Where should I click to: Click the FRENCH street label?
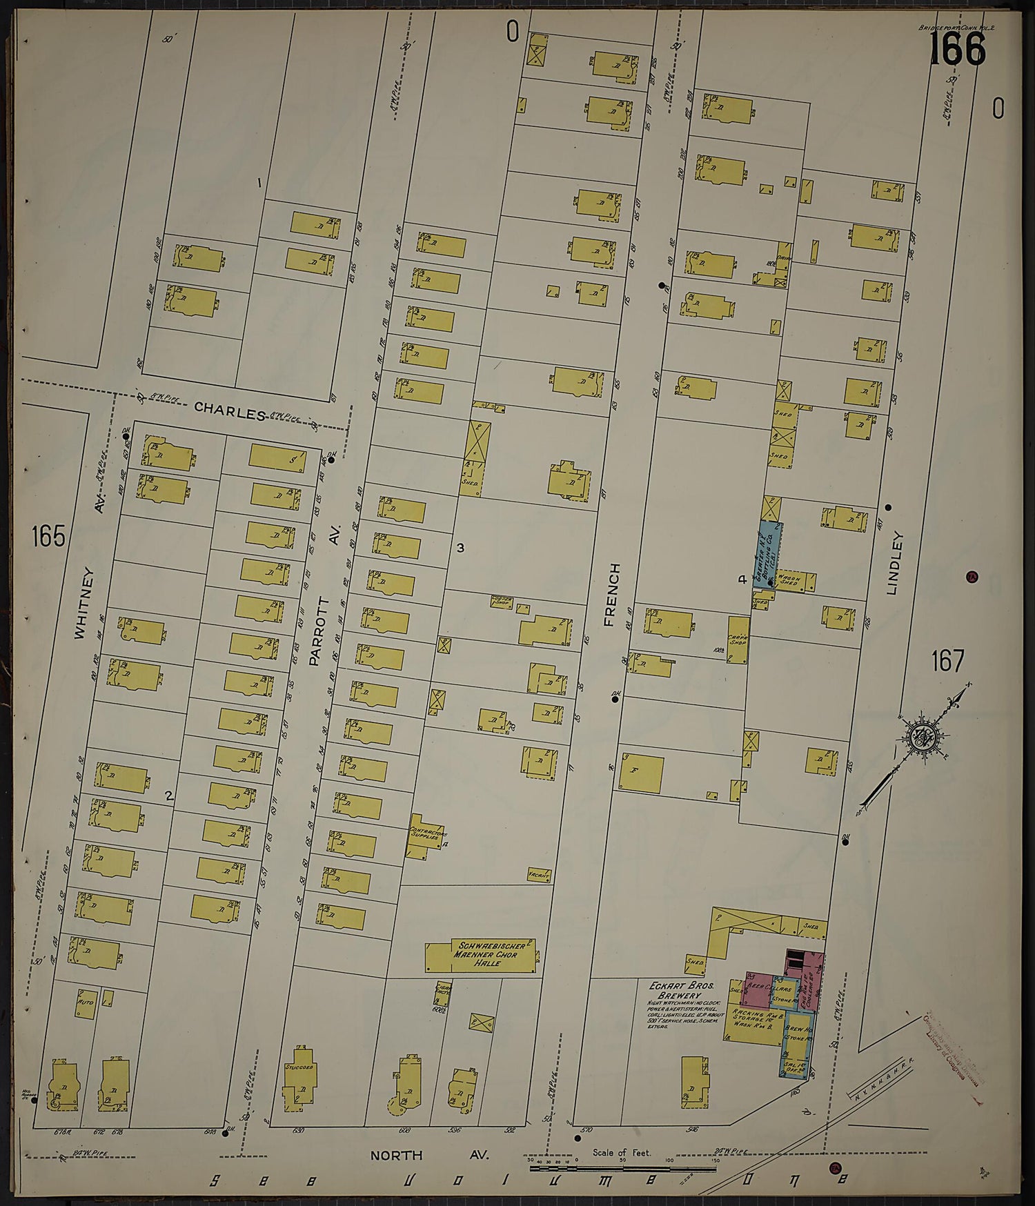coord(611,594)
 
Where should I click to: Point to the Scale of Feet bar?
coord(621,1169)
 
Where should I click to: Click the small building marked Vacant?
coord(539,875)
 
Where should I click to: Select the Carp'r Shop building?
coord(738,639)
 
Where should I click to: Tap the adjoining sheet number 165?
coord(48,535)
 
